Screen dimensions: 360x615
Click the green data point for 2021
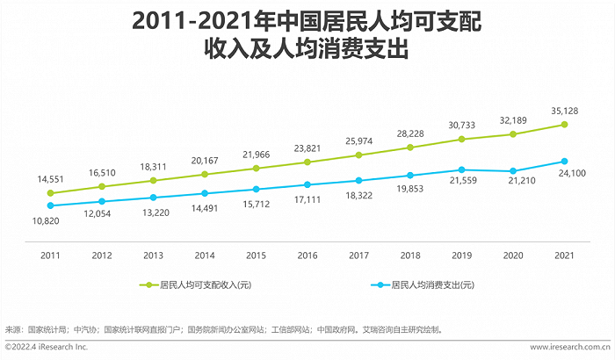(x=564, y=125)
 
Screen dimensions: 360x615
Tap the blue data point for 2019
(x=462, y=169)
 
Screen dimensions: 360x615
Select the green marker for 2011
(x=51, y=193)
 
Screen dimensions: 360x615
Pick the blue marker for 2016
(x=307, y=184)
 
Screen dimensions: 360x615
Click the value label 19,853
(x=411, y=188)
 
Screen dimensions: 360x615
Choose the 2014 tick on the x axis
(x=205, y=255)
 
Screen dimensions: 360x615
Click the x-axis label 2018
(x=410, y=255)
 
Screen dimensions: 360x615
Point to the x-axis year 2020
(x=513, y=255)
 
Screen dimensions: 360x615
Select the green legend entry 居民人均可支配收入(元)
(x=199, y=285)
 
